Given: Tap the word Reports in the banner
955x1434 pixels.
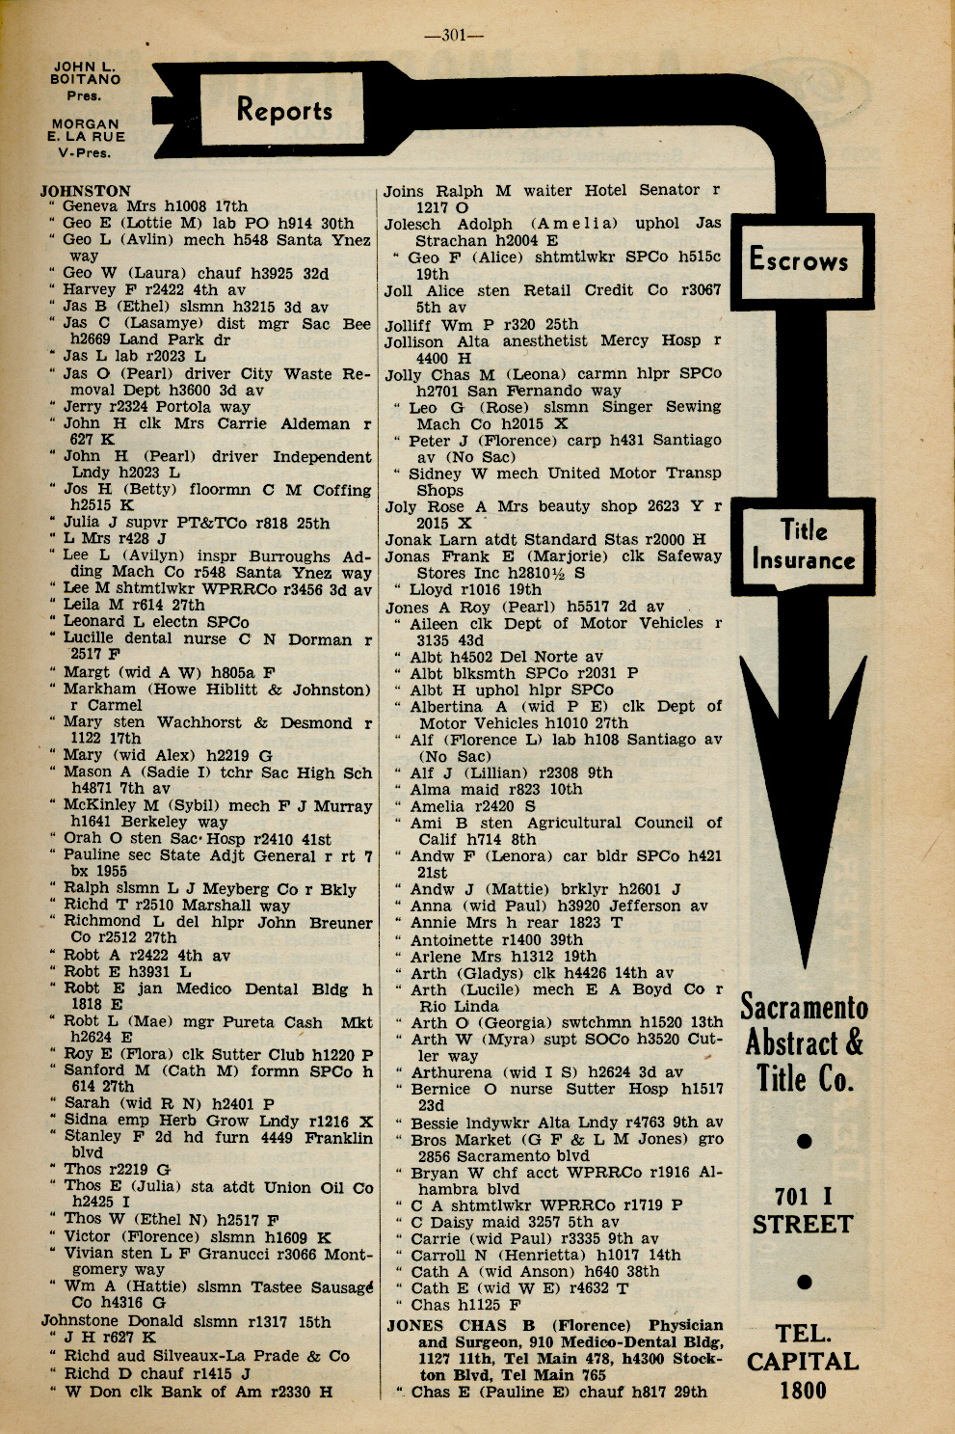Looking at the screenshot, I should pos(284,111).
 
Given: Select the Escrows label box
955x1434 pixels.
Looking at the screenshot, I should pos(799,259).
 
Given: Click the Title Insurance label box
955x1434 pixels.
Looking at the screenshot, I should pos(804,546).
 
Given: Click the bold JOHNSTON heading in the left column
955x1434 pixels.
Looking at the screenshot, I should pos(85,191).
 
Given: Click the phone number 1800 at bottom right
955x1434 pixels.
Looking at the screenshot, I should pos(803,1390).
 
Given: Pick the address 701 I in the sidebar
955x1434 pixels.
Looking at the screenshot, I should pos(803,1197).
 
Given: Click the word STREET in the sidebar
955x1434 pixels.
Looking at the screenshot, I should pos(803,1225).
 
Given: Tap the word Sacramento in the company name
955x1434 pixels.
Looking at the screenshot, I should pos(804,1009).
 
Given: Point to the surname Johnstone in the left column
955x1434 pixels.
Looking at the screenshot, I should pos(84,1321).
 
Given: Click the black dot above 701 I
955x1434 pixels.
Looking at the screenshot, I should pos(805,1142).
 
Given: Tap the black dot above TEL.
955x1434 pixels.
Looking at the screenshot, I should pos(805,1282).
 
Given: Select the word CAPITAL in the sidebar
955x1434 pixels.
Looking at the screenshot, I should pos(803,1362).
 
